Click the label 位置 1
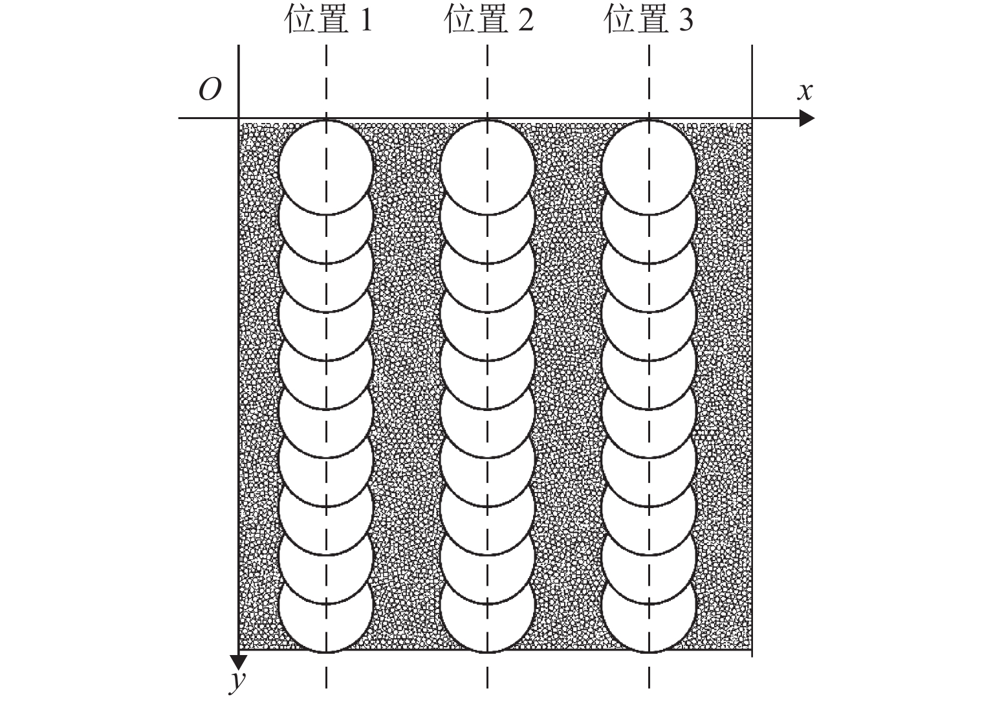[328, 19]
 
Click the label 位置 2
[489, 19]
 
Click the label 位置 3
[649, 19]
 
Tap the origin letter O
[210, 90]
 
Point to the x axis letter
[805, 92]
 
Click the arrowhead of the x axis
[807, 118]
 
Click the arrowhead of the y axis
[239, 662]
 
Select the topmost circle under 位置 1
[326, 167]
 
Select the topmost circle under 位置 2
[487, 167]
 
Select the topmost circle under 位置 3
[649, 167]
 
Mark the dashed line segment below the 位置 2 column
[487, 671]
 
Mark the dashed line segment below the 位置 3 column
[649, 671]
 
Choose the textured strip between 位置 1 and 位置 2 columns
[406, 386]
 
